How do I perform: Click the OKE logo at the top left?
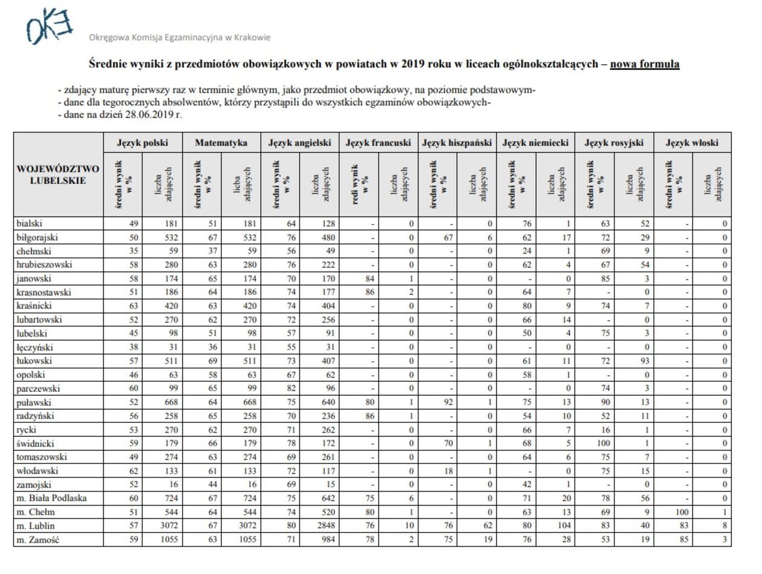[49, 27]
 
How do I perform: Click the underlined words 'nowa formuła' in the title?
[644, 64]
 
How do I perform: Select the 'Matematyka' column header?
[221, 143]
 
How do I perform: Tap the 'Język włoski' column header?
[692, 143]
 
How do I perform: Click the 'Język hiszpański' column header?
[457, 143]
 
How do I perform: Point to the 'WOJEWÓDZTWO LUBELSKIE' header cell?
[58, 174]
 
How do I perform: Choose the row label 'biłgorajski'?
[37, 237]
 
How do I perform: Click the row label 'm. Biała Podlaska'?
[51, 498]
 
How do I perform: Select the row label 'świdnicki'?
[35, 443]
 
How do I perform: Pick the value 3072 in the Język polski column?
[168, 526]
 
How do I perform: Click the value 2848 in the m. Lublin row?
[325, 526]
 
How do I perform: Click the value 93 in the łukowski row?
[644, 361]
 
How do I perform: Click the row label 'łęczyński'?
[35, 347]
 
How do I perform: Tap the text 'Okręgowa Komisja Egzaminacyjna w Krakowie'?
[180, 38]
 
